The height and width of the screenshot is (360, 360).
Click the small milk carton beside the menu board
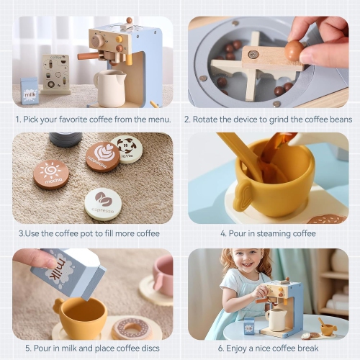click(x=30, y=91)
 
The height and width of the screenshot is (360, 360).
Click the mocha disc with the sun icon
click(x=51, y=174)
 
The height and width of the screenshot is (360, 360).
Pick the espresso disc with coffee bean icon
click(x=103, y=203)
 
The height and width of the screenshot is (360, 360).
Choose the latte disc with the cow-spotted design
click(x=126, y=148)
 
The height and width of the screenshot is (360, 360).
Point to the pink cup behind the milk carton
click(x=163, y=275)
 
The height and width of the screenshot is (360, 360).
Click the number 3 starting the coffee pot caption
click(x=20, y=233)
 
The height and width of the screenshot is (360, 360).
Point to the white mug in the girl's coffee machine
click(x=276, y=318)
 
